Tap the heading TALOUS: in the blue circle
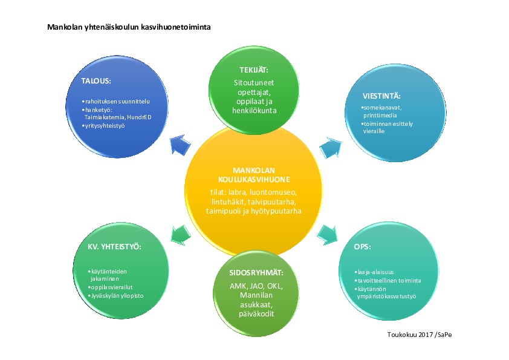tap(97, 80)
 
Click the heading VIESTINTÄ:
tap(381, 96)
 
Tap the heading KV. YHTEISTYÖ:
tap(114, 247)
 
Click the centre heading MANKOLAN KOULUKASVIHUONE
tap(253, 175)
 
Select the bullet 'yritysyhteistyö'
tap(108, 125)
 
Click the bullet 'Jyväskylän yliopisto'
tap(117, 296)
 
